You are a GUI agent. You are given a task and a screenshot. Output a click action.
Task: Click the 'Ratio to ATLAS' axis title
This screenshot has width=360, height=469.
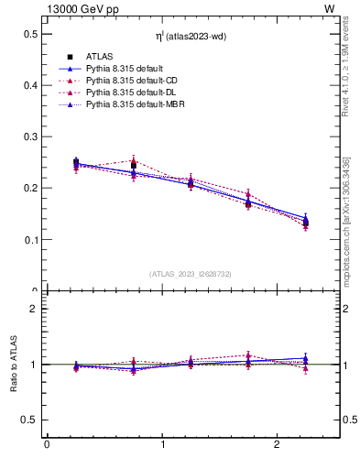coord(15,364)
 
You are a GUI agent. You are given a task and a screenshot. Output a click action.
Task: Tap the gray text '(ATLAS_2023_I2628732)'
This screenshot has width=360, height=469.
coord(190,274)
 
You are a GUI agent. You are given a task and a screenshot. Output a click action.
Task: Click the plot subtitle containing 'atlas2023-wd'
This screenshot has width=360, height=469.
coord(191,36)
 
